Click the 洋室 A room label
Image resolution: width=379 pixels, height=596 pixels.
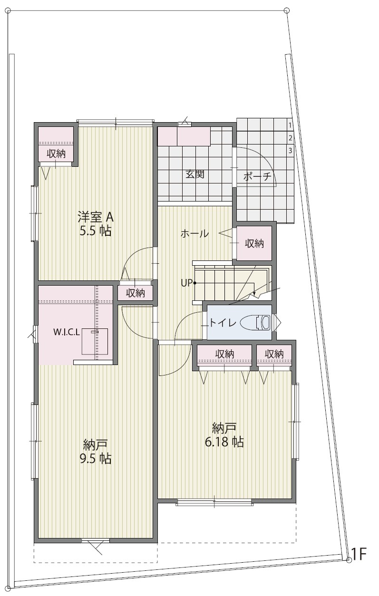pyautogui.click(x=96, y=217)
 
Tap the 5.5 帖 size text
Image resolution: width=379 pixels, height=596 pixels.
pyautogui.click(x=96, y=231)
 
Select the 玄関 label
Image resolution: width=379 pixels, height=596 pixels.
pyautogui.click(x=195, y=174)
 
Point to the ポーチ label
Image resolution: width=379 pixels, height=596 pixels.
pyautogui.click(x=257, y=176)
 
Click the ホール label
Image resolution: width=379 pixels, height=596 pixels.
pyautogui.click(x=194, y=234)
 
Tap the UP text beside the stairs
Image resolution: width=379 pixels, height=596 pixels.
pyautogui.click(x=187, y=283)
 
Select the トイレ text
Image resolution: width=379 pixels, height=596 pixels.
pyautogui.click(x=223, y=323)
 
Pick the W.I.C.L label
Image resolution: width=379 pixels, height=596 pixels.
pyautogui.click(x=67, y=332)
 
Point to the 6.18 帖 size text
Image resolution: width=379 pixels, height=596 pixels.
pyautogui.click(x=224, y=442)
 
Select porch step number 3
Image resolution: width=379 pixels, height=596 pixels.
pyautogui.click(x=290, y=151)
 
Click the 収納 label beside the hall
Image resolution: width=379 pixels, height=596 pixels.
pyautogui.click(x=254, y=243)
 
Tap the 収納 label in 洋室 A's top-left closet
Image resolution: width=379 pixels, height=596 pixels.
pyautogui.click(x=56, y=154)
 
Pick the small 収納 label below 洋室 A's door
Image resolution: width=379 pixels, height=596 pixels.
pyautogui.click(x=135, y=293)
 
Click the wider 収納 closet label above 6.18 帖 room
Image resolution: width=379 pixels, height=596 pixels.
pyautogui.click(x=224, y=354)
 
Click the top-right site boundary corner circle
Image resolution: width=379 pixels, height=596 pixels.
pyautogui.click(x=286, y=10)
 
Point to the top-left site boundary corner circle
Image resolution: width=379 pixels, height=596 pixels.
pyautogui.click(x=9, y=10)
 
